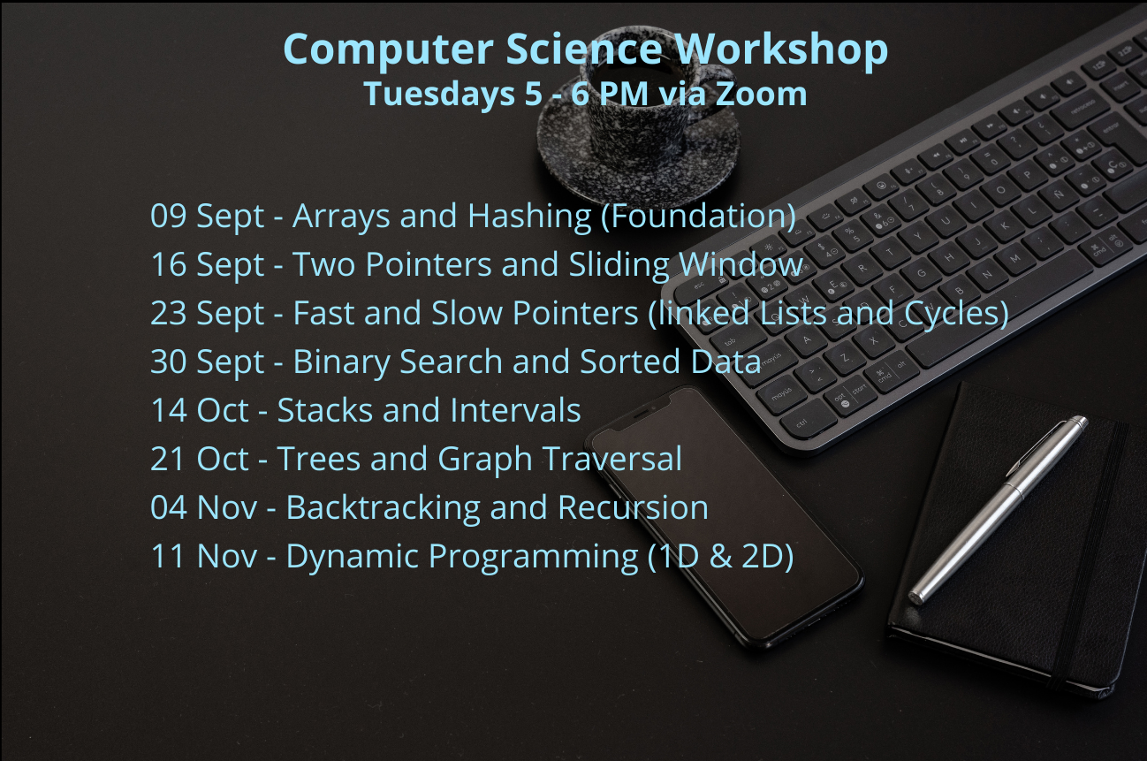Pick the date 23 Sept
point(208,314)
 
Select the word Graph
point(485,460)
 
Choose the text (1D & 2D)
point(721,557)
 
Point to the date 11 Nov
point(204,556)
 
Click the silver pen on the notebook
point(999,509)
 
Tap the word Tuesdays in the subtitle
point(439,95)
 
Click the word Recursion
point(633,508)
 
